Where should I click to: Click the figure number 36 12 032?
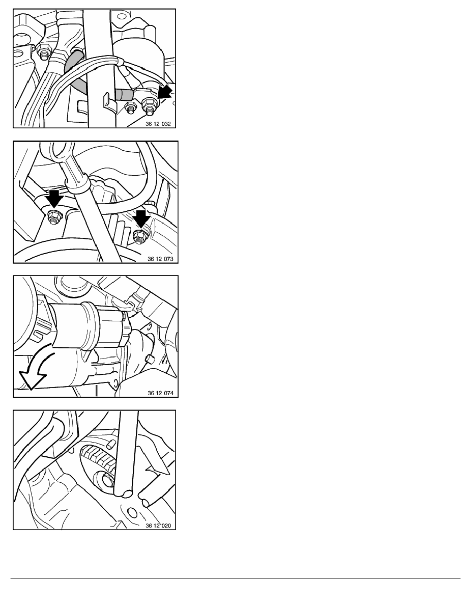[x=158, y=124]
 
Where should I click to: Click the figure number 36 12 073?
[x=160, y=259]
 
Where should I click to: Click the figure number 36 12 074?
[x=160, y=393]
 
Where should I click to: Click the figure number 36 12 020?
[x=158, y=526]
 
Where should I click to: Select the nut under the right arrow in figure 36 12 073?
[x=139, y=236]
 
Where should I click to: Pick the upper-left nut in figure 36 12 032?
[x=44, y=51]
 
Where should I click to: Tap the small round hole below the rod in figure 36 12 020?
[x=132, y=513]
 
